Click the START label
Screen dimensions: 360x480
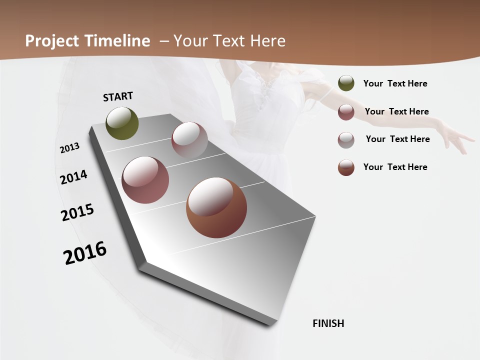[x=118, y=96]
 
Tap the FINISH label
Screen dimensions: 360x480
[x=328, y=323]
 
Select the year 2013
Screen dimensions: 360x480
[x=70, y=148]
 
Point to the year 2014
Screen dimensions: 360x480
[x=74, y=177]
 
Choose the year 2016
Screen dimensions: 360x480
[x=85, y=253]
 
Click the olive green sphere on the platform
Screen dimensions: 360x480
[x=122, y=123]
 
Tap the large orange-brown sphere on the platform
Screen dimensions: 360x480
[x=216, y=207]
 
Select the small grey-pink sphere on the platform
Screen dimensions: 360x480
[x=189, y=140]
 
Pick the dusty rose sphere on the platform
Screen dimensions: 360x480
[x=145, y=180]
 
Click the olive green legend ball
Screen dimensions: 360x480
[x=346, y=83]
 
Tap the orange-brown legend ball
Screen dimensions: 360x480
[x=346, y=167]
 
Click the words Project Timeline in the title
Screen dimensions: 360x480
[x=87, y=41]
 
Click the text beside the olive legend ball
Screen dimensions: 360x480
[x=395, y=83]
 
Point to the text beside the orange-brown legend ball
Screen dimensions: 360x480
[x=395, y=167]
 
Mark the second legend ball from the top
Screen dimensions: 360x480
[x=346, y=112]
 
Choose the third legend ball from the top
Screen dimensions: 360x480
[x=346, y=140]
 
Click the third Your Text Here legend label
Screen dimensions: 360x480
[x=397, y=139]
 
